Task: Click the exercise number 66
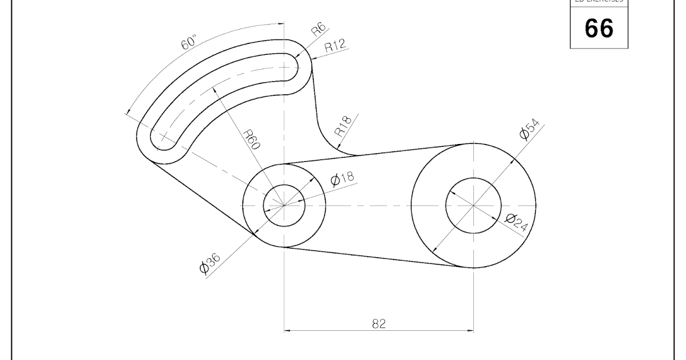point(599,27)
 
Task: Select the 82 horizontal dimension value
point(379,323)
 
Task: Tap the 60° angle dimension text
point(189,43)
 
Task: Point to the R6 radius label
point(318,30)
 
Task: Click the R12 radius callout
point(335,47)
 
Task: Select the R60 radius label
point(252,139)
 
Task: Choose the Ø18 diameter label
point(342,179)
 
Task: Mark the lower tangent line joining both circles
point(377,258)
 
